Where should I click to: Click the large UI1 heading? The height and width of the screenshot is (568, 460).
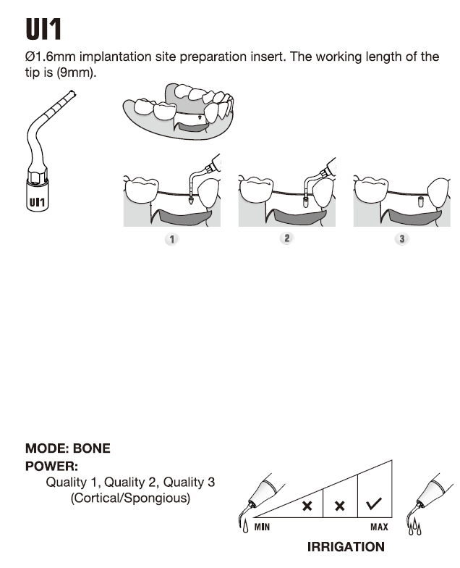click(x=43, y=29)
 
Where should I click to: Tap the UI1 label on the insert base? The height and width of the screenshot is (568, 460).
click(x=38, y=201)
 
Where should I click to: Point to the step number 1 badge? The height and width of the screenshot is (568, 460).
click(x=172, y=239)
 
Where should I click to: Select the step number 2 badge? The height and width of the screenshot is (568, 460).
click(x=287, y=238)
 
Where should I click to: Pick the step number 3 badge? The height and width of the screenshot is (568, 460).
click(x=402, y=239)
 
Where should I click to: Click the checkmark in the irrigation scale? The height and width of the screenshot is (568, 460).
click(x=374, y=504)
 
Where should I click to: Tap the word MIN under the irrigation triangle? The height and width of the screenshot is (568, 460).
click(x=262, y=527)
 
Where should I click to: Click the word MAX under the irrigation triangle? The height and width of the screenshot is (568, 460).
click(x=379, y=527)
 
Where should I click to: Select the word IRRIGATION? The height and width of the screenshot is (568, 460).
click(x=346, y=547)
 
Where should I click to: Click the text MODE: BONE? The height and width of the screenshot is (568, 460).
click(x=68, y=448)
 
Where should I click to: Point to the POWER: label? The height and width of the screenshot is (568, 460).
click(x=51, y=467)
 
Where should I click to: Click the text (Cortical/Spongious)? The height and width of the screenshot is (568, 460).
click(x=130, y=498)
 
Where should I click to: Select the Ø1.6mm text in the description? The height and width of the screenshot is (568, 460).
click(x=51, y=57)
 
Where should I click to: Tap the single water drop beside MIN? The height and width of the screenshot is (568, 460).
click(x=246, y=526)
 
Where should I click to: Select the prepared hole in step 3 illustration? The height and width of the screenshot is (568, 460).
click(x=421, y=201)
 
